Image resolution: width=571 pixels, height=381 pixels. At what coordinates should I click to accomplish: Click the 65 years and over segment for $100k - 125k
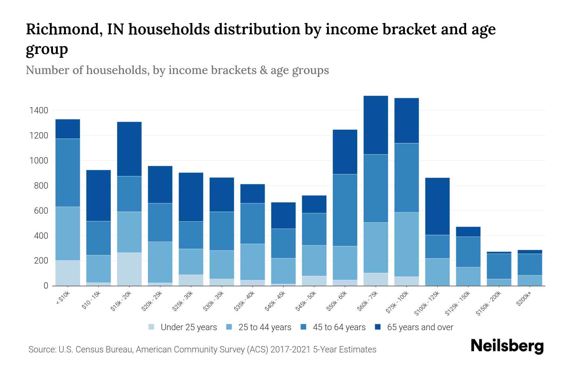click(437, 206)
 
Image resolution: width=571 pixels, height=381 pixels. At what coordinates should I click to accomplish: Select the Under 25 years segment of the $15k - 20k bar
click(129, 269)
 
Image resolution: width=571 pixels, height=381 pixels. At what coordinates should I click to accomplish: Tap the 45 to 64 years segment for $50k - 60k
click(345, 210)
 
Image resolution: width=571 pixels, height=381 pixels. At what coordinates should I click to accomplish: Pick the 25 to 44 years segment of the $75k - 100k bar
click(406, 244)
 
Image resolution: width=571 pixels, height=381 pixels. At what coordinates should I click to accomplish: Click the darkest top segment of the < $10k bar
click(68, 129)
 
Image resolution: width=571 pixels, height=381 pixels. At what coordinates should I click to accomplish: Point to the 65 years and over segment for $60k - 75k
click(376, 125)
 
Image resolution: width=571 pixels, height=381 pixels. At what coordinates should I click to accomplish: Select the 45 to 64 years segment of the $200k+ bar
click(530, 264)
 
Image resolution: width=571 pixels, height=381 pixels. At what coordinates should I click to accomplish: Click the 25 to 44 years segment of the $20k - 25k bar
click(160, 262)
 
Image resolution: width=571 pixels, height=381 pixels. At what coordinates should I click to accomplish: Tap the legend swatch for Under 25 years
click(152, 327)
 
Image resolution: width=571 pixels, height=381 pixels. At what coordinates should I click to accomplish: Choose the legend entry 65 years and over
click(420, 327)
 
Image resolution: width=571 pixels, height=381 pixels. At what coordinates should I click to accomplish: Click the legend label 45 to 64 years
click(339, 327)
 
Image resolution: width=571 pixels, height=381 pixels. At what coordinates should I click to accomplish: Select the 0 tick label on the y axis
click(46, 286)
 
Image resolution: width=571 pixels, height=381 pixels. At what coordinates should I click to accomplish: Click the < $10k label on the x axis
click(63, 298)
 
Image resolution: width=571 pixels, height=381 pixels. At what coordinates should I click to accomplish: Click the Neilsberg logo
click(507, 346)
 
